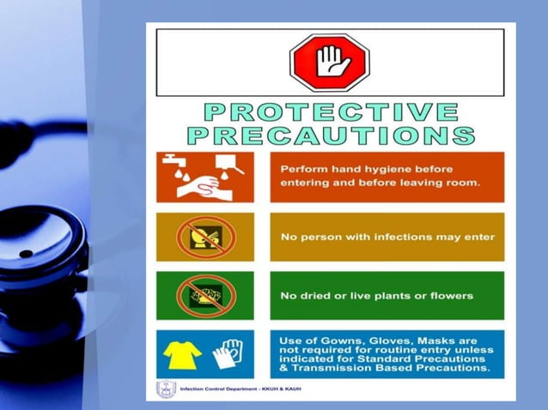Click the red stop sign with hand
tap(329, 62)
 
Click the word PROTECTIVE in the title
tap(330, 112)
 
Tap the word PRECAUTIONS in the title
tap(330, 135)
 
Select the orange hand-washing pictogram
tap(204, 177)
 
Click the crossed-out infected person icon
tap(204, 236)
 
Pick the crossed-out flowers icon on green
tap(204, 295)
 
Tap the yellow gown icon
tap(183, 353)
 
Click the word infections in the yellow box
tap(383, 237)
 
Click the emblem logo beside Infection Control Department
tap(166, 389)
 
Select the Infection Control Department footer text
tap(241, 389)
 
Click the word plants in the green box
tap(402, 296)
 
